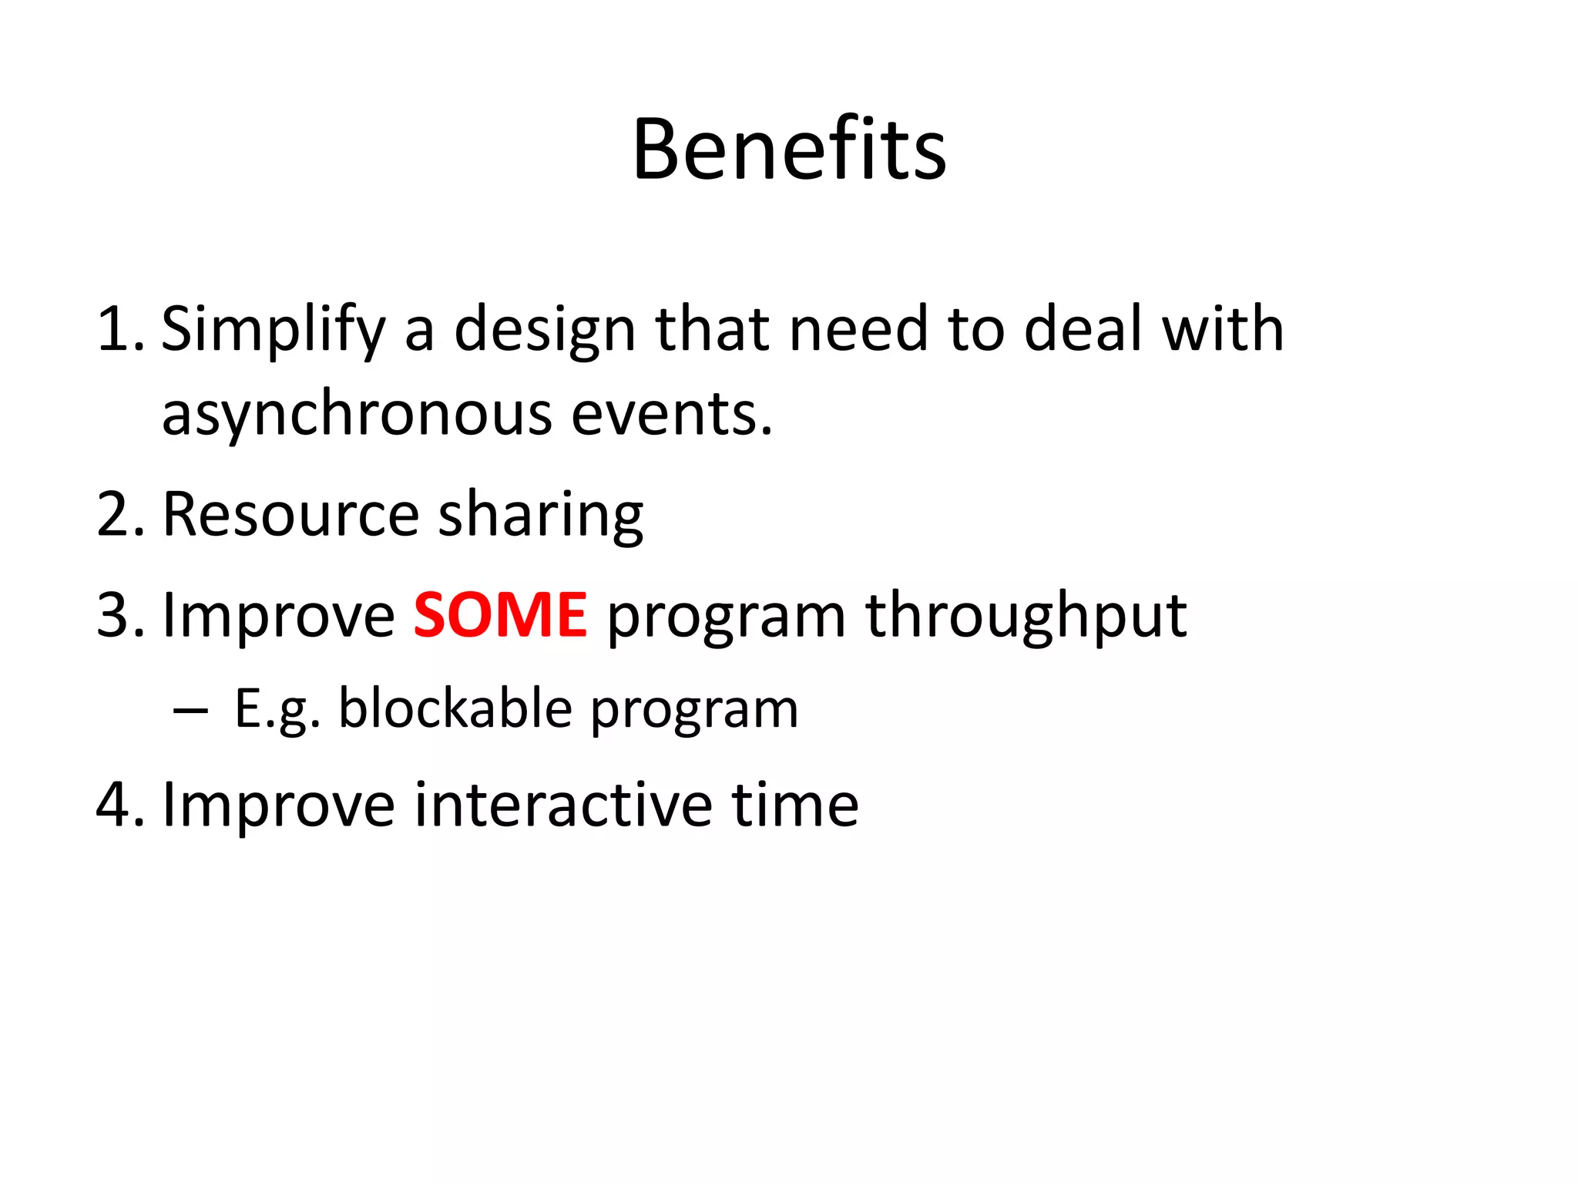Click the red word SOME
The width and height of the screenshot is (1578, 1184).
click(500, 615)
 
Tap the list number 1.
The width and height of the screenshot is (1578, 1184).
click(119, 329)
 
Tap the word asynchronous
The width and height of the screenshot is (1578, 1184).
click(357, 415)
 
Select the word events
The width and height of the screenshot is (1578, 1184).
click(671, 415)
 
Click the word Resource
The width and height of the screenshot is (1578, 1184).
click(290, 515)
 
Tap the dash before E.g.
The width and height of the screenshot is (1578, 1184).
click(190, 710)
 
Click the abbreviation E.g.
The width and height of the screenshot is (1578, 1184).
click(277, 710)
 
